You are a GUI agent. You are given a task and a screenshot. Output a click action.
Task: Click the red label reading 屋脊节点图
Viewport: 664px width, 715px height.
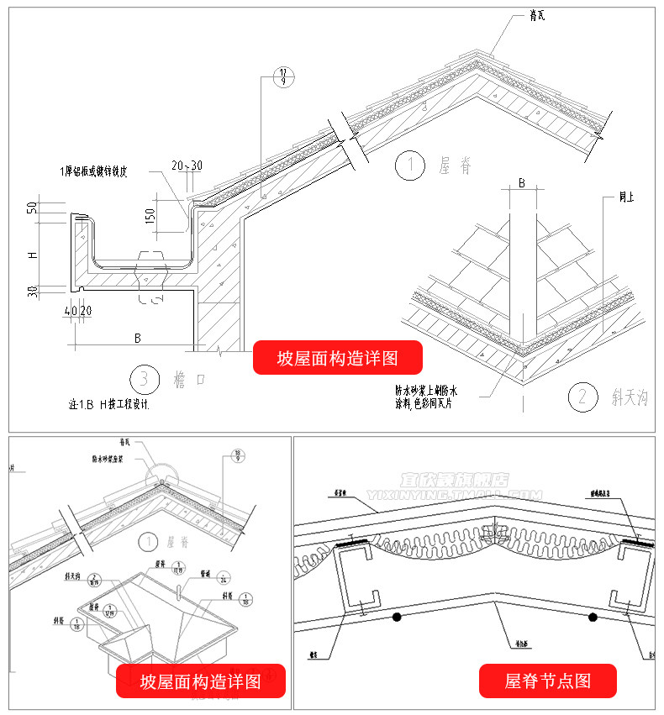[x=548, y=681]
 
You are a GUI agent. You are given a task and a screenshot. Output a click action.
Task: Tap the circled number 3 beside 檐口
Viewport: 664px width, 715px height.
[x=145, y=380]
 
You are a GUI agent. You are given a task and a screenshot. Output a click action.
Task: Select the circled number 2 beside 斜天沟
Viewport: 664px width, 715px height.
[x=582, y=396]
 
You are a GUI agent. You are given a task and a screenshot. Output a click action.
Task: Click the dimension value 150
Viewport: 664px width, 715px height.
[x=150, y=215]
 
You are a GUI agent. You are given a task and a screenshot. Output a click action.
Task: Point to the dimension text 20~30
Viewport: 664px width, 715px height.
[x=186, y=166]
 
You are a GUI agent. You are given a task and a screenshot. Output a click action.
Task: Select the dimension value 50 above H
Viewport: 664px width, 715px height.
[x=32, y=208]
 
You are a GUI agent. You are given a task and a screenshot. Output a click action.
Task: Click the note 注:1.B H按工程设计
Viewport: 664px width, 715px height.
[x=113, y=404]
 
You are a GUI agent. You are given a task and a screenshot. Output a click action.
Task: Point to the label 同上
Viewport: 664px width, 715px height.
[x=627, y=198]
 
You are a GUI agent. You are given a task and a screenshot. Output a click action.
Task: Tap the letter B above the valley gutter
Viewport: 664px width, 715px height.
[x=521, y=183]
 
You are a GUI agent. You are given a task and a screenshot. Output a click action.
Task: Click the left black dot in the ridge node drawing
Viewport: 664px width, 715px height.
[x=396, y=618]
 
